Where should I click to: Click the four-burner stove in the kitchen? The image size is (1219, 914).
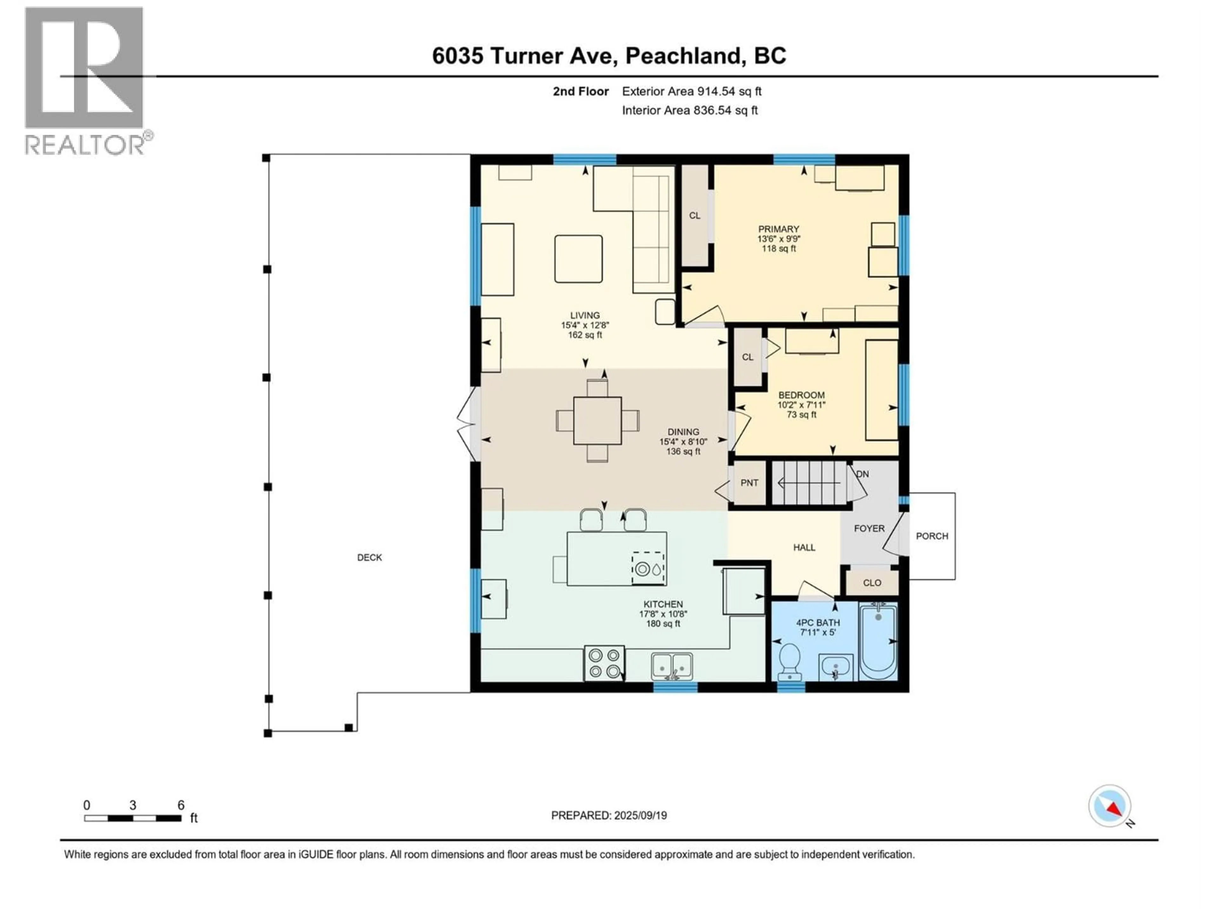pyautogui.click(x=604, y=663)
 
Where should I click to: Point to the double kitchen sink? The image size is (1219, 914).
pyautogui.click(x=672, y=666)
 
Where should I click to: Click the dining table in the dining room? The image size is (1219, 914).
pyautogui.click(x=597, y=421)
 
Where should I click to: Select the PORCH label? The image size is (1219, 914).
pyautogui.click(x=932, y=536)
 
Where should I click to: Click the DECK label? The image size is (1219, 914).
pyautogui.click(x=369, y=558)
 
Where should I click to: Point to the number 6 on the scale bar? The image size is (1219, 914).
pyautogui.click(x=181, y=805)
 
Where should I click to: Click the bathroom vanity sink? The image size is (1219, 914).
pyautogui.click(x=836, y=668)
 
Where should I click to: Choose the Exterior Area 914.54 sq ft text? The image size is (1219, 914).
pyautogui.click(x=692, y=91)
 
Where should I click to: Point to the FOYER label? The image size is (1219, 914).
pyautogui.click(x=869, y=528)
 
